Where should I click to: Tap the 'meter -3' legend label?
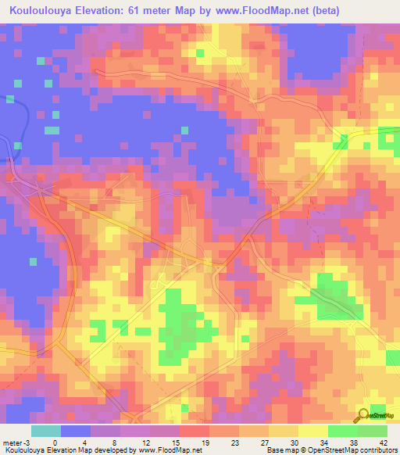click(16, 441)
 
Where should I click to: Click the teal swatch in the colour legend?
click(45, 430)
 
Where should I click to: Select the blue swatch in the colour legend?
click(75, 430)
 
